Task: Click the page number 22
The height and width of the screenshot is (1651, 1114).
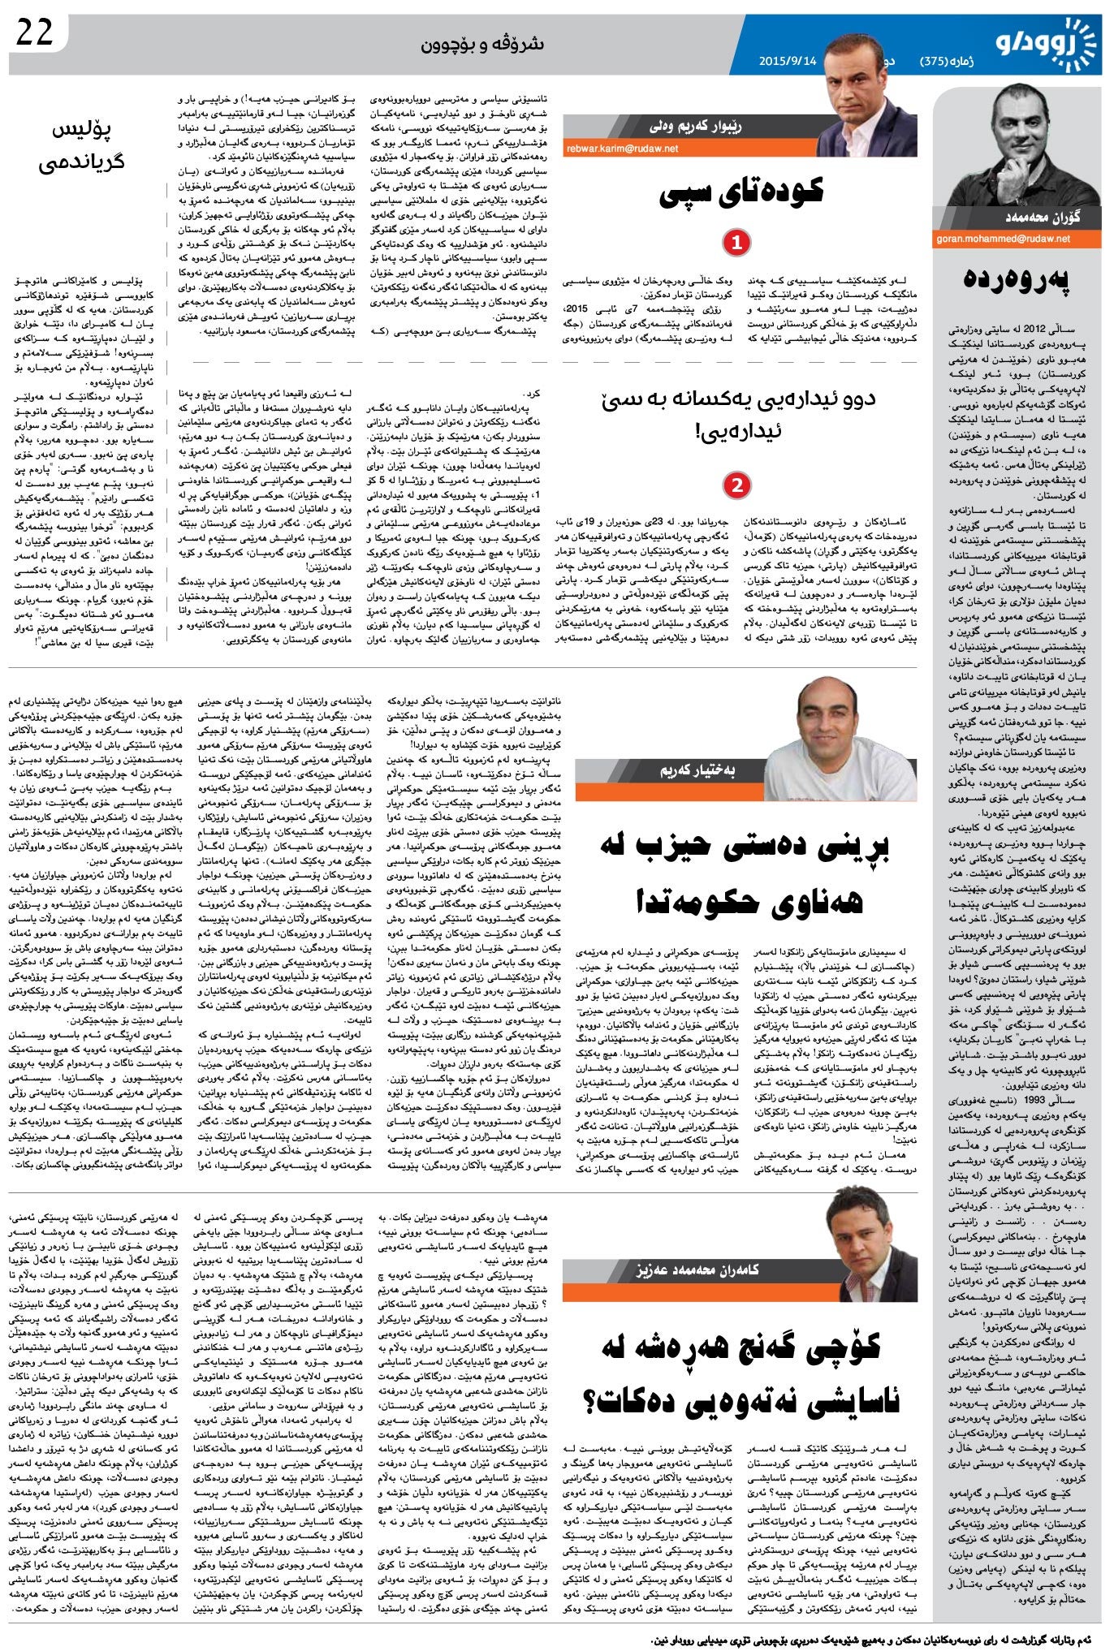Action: point(35,33)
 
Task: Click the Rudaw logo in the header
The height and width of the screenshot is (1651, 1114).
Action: point(1047,45)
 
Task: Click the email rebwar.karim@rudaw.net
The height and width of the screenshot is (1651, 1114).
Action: point(623,149)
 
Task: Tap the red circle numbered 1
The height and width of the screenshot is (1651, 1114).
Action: point(736,242)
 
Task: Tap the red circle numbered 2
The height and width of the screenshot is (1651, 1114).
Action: point(736,485)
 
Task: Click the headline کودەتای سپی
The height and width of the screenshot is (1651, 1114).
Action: point(741,192)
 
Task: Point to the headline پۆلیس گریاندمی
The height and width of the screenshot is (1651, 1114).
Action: point(81,146)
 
